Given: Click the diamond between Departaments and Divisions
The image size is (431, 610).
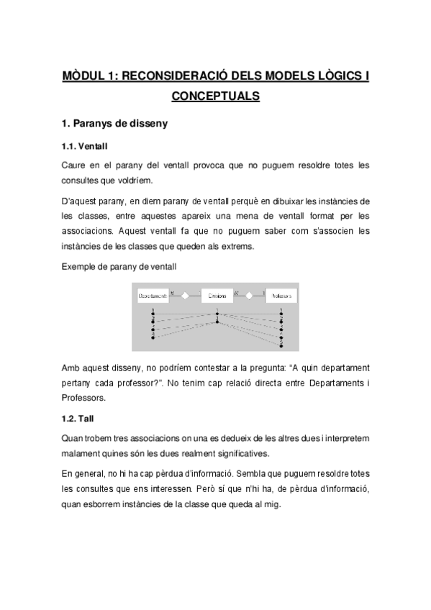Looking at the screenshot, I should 184,295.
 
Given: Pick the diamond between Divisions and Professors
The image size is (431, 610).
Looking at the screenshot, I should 249,295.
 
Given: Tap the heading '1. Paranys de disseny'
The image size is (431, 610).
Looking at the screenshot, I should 115,124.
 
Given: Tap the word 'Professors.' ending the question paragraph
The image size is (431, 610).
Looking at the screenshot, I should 84,397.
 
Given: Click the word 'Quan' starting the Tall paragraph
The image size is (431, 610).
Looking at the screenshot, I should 73,437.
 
